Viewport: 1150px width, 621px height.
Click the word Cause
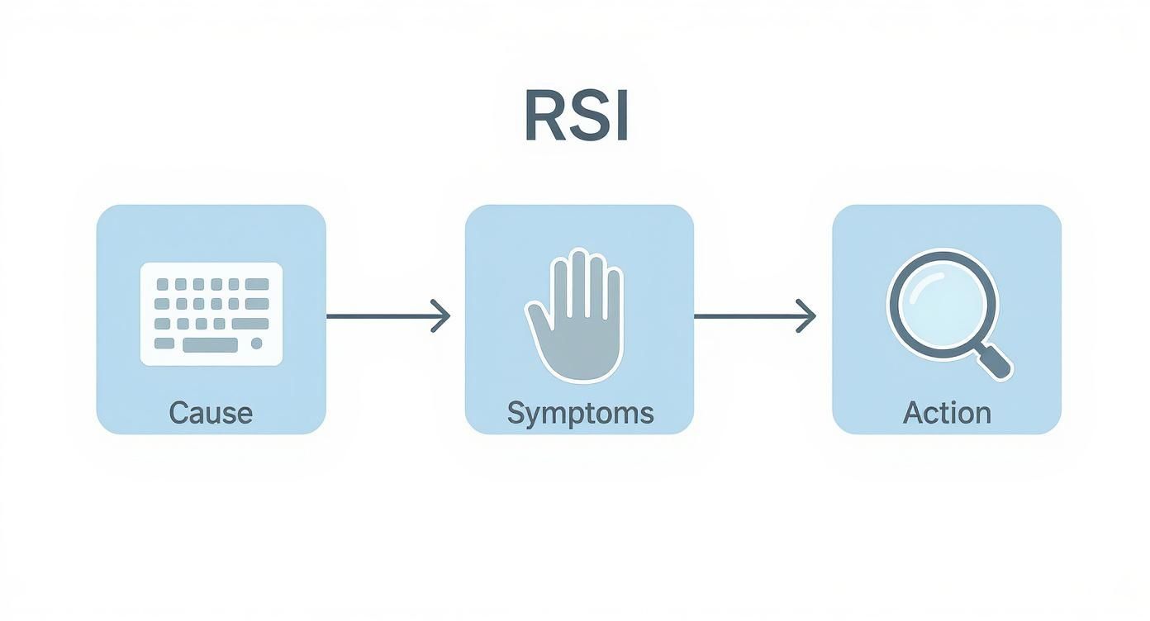[211, 412]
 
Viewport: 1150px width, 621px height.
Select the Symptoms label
[580, 412]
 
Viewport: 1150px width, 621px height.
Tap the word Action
[947, 412]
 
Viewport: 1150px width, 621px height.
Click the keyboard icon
[211, 314]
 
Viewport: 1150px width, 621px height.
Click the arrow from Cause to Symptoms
[388, 315]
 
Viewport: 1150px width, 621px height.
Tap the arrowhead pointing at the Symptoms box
[443, 315]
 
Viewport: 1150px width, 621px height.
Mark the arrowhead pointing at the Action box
[809, 315]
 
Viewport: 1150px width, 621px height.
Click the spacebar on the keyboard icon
[210, 344]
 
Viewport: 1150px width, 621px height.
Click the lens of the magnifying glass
[937, 302]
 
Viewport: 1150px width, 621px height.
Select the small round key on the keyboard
[256, 344]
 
